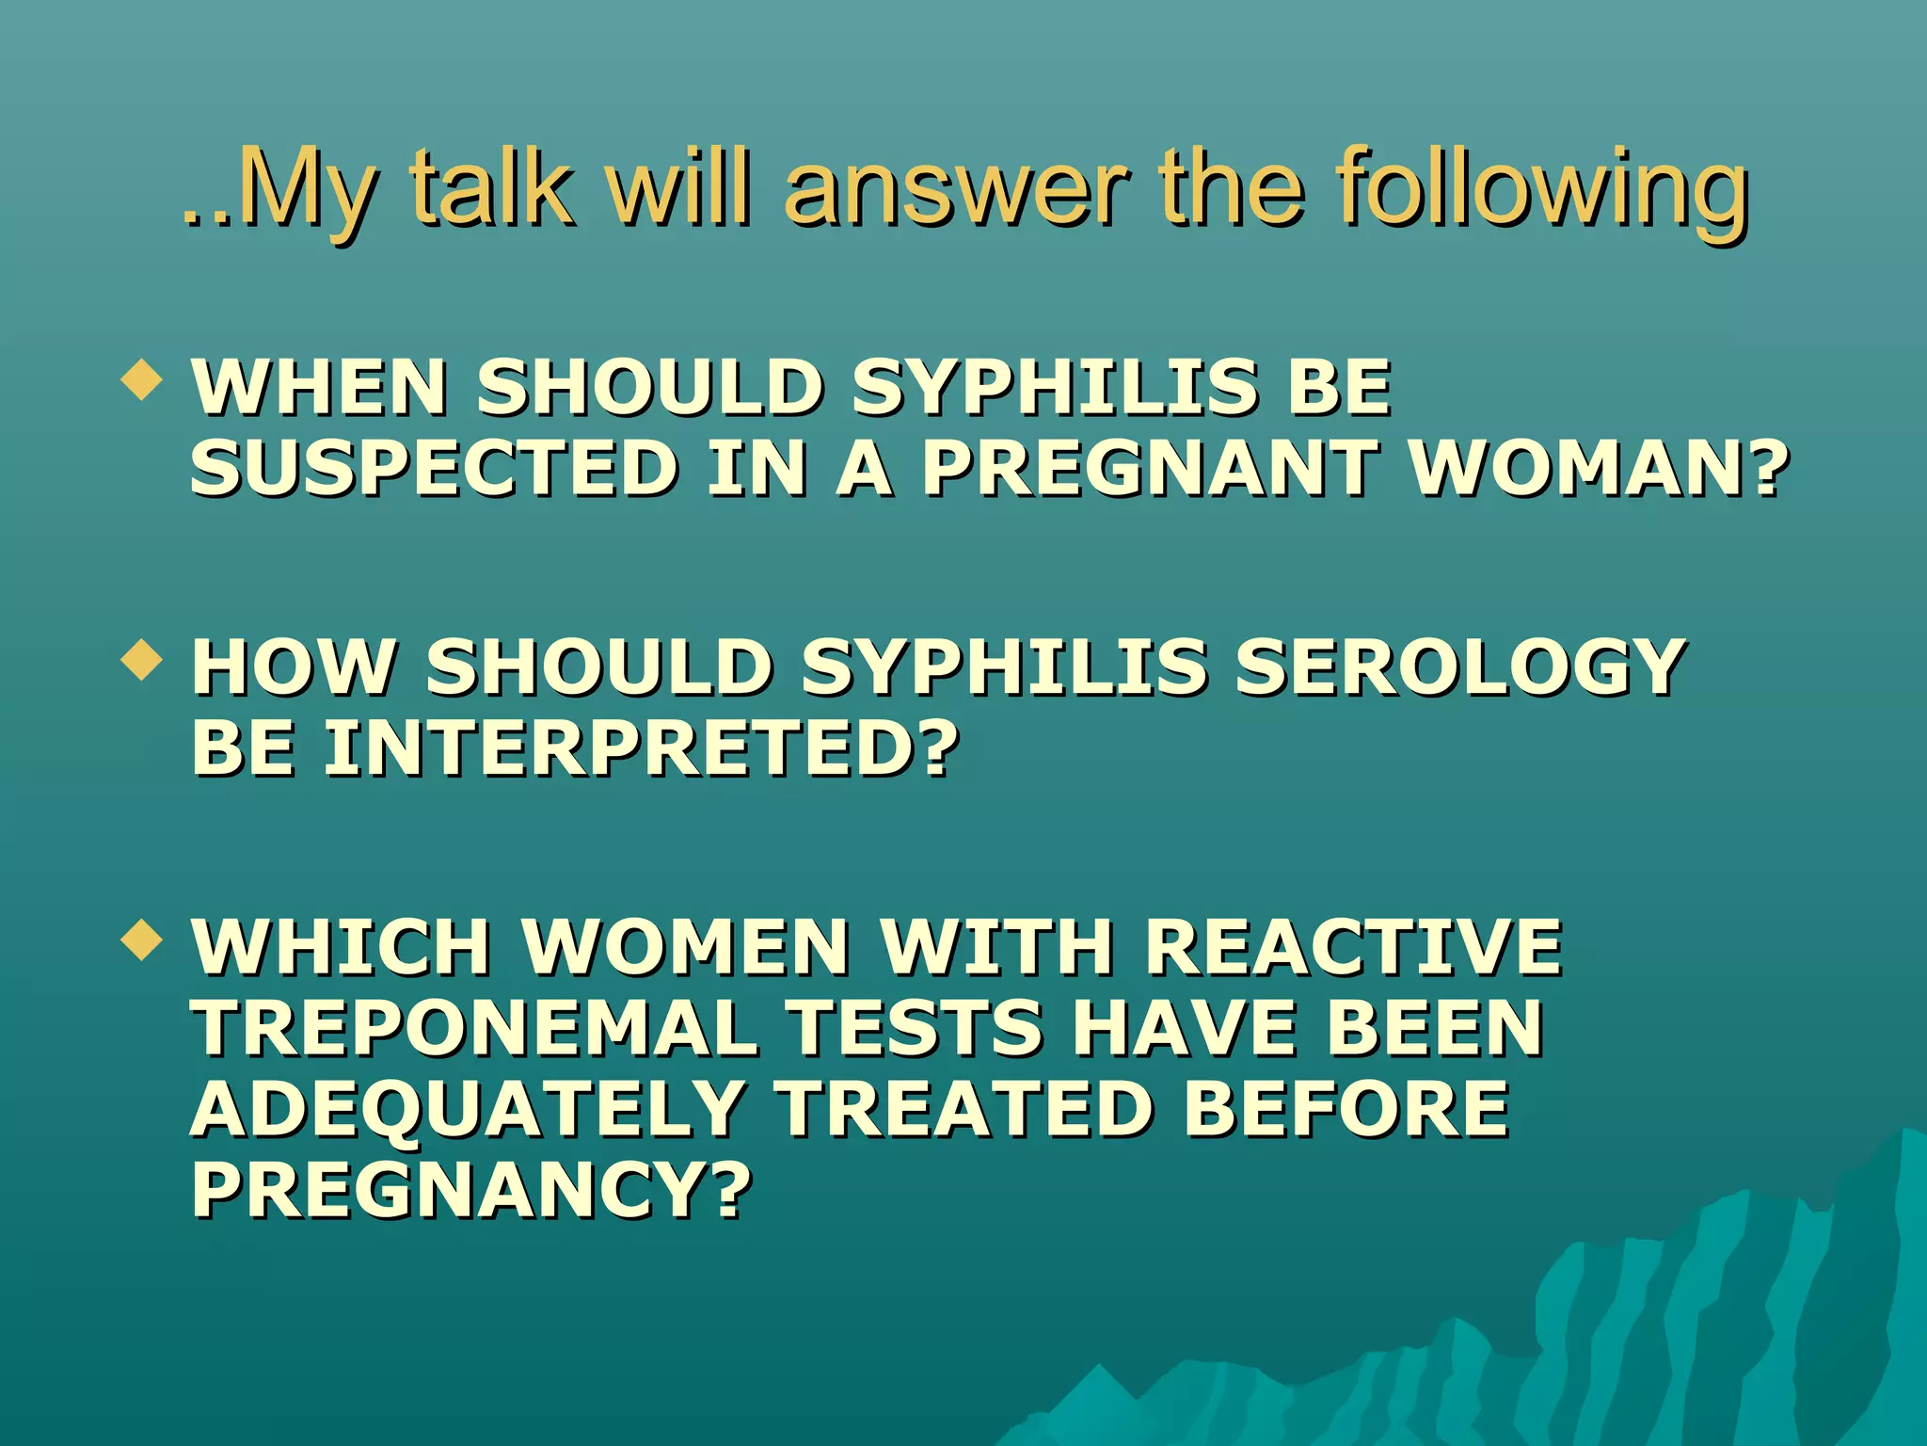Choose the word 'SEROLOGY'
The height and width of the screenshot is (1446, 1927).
click(1459, 667)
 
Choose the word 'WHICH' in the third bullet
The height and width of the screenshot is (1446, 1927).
click(342, 946)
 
